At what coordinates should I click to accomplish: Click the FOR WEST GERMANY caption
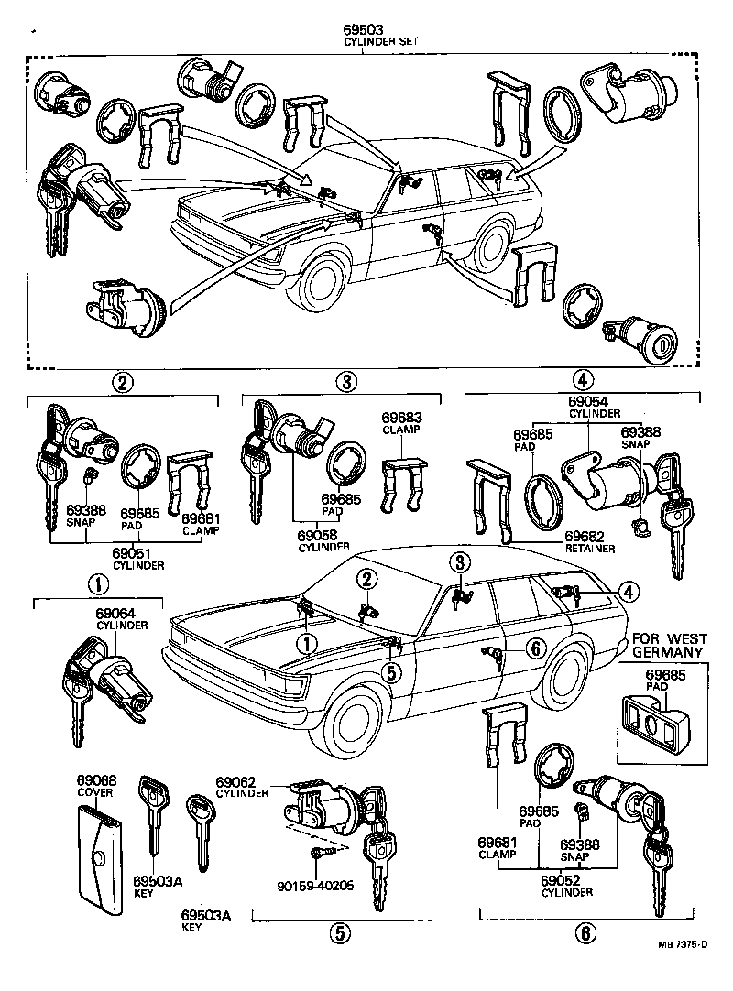click(x=666, y=645)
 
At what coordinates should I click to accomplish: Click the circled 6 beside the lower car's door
click(x=535, y=648)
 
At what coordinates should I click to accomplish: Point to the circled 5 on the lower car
click(x=391, y=671)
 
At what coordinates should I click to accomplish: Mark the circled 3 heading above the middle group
click(x=343, y=381)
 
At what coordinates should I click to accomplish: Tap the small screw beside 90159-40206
click(x=320, y=852)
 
